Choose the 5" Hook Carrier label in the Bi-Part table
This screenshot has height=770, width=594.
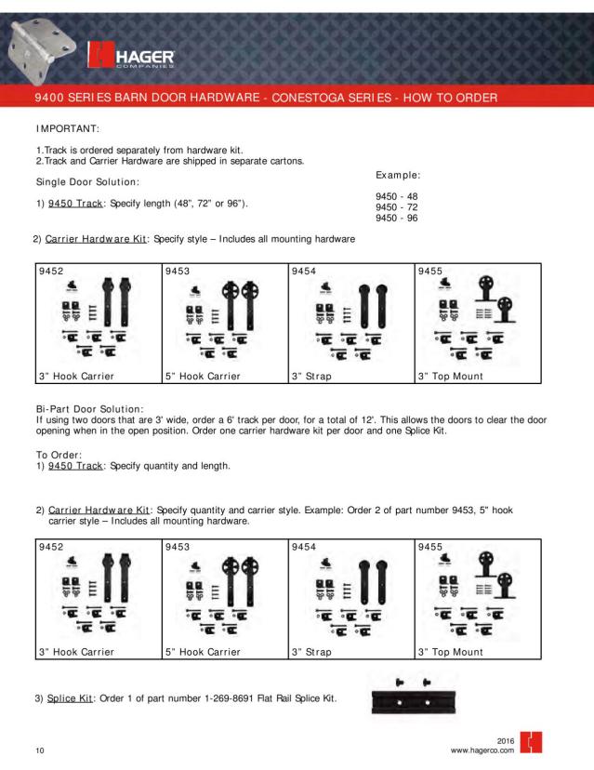click(204, 652)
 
